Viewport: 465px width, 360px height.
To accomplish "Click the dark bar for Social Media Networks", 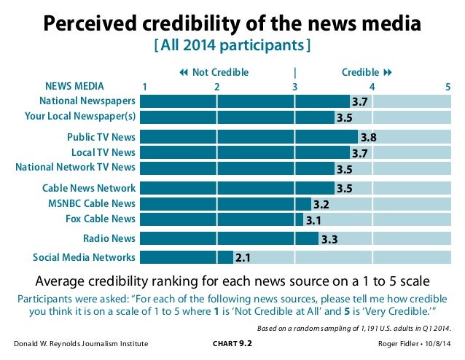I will tap(186, 257).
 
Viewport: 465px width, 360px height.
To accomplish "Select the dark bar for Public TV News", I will tap(248, 136).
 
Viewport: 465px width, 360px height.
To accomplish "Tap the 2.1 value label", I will tap(243, 257).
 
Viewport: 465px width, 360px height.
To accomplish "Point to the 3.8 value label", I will tap(367, 136).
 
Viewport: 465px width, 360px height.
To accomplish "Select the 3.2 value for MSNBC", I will tap(321, 204).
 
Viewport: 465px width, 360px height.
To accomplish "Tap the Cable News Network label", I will tap(89, 188).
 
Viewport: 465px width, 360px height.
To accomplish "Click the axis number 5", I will tap(448, 87).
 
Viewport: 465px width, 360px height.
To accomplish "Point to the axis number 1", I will tap(144, 87).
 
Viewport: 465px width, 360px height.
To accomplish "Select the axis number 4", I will tap(372, 87).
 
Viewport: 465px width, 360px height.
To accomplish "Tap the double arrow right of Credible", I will tap(388, 72).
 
